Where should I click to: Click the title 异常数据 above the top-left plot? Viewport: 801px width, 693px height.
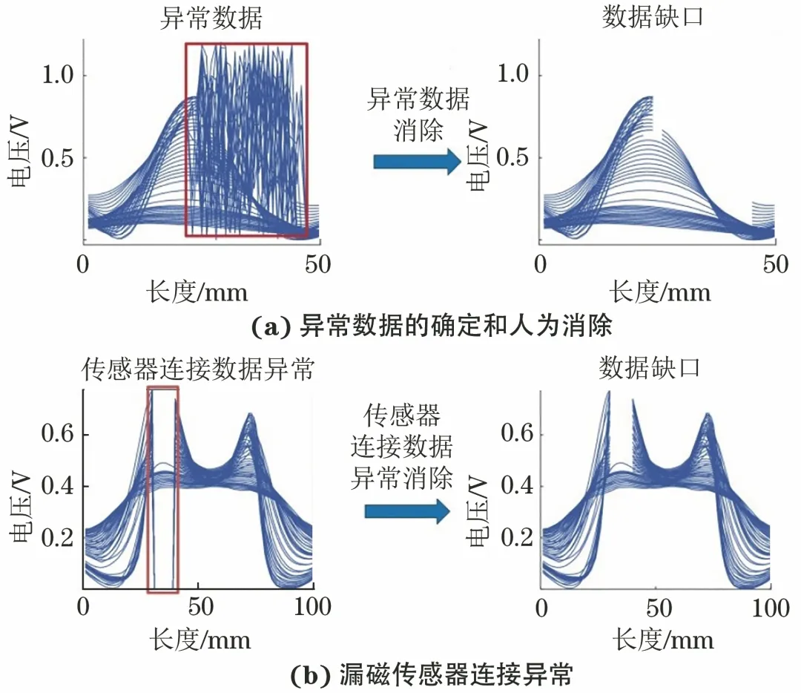(211, 19)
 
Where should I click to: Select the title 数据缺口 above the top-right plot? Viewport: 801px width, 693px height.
(652, 19)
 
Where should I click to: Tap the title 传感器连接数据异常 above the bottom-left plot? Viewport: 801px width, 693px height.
(197, 369)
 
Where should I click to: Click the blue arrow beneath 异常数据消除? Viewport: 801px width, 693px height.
(418, 162)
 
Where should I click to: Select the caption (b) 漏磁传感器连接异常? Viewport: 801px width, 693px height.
(400, 674)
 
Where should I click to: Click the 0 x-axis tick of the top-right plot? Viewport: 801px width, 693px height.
(541, 264)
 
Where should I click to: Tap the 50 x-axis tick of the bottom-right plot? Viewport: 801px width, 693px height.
(656, 608)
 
